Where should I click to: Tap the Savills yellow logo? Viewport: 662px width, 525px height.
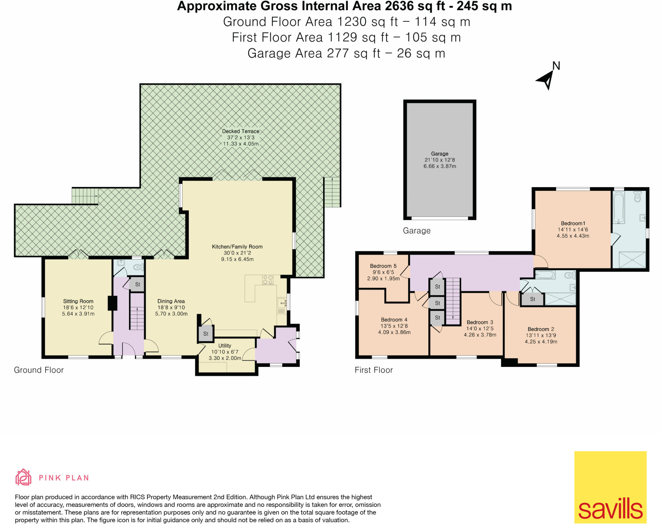tap(610, 487)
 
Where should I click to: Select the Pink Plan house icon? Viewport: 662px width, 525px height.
tap(23, 477)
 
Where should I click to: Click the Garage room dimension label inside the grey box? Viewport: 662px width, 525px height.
tap(440, 160)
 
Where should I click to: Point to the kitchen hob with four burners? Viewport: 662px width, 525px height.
tap(268, 280)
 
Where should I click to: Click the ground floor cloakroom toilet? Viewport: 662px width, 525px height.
tap(138, 267)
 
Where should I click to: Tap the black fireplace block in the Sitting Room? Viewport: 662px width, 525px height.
tap(112, 303)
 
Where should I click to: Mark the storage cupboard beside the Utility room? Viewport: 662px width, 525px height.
tap(206, 334)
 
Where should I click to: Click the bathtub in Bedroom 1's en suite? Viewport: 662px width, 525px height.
tap(618, 208)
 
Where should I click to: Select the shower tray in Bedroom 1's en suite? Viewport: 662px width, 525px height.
tap(632, 260)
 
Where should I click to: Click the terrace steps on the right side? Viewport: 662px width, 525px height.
tap(332, 192)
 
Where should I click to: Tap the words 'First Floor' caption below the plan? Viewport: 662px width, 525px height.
tap(374, 370)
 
